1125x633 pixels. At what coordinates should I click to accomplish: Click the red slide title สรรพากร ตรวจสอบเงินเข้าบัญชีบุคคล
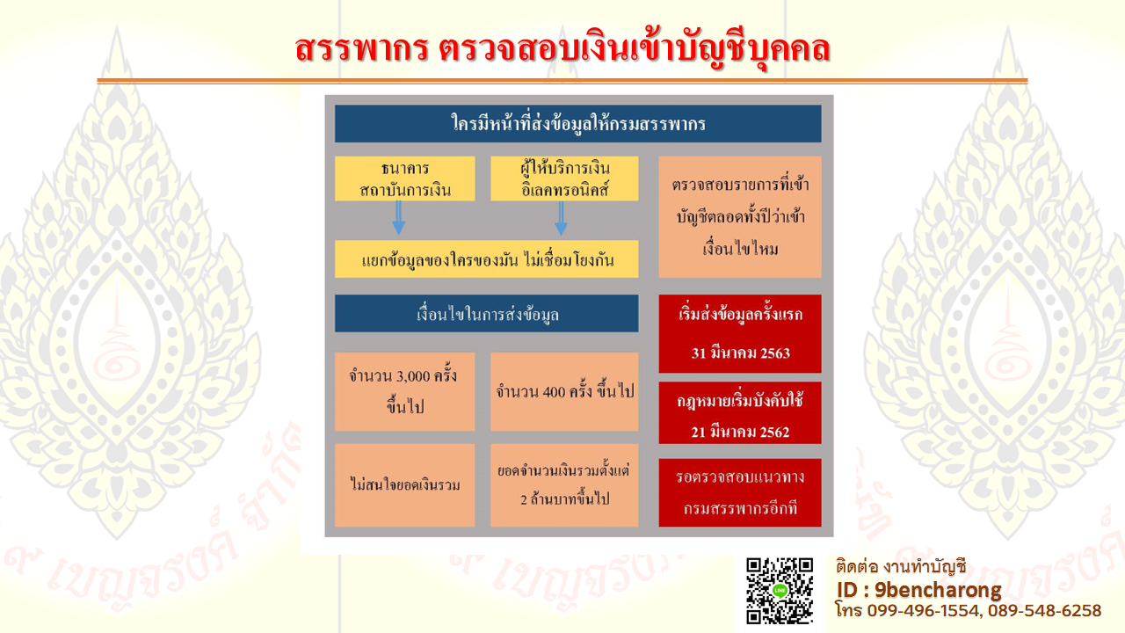click(x=562, y=50)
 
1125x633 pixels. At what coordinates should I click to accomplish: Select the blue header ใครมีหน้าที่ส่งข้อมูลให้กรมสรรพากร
click(x=578, y=124)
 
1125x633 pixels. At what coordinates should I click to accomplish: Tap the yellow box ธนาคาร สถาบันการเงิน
click(x=405, y=178)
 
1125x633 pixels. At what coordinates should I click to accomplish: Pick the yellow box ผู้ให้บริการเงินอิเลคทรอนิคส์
click(x=564, y=178)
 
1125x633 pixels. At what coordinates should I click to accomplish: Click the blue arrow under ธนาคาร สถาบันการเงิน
click(x=399, y=217)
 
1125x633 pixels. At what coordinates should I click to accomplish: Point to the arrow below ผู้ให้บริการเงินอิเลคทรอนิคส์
click(x=561, y=219)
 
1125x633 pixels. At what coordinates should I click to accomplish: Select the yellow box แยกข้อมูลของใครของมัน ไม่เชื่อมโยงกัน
click(x=487, y=259)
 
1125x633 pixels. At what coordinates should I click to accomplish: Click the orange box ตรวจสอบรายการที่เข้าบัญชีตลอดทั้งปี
click(x=740, y=217)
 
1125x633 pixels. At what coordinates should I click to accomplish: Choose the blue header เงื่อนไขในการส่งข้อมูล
click(x=487, y=314)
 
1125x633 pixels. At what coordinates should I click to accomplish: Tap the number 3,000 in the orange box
click(x=413, y=376)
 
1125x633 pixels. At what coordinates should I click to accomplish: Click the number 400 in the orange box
click(x=554, y=392)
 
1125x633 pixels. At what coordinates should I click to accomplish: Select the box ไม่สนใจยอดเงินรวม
click(x=405, y=485)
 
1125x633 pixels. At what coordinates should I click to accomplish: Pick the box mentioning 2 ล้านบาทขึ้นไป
click(x=564, y=485)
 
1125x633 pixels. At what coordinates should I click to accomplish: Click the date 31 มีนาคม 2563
click(x=740, y=353)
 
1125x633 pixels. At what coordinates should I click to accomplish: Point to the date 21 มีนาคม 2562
click(x=740, y=432)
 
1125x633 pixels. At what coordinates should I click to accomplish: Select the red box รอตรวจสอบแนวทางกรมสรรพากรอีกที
click(x=740, y=492)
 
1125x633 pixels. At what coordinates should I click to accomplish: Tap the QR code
click(x=780, y=592)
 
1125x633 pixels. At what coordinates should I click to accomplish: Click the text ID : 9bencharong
click(x=918, y=590)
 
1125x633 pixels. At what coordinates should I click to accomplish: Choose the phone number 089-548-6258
click(x=1045, y=611)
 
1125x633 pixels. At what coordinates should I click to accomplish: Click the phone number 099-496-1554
click(x=923, y=611)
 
